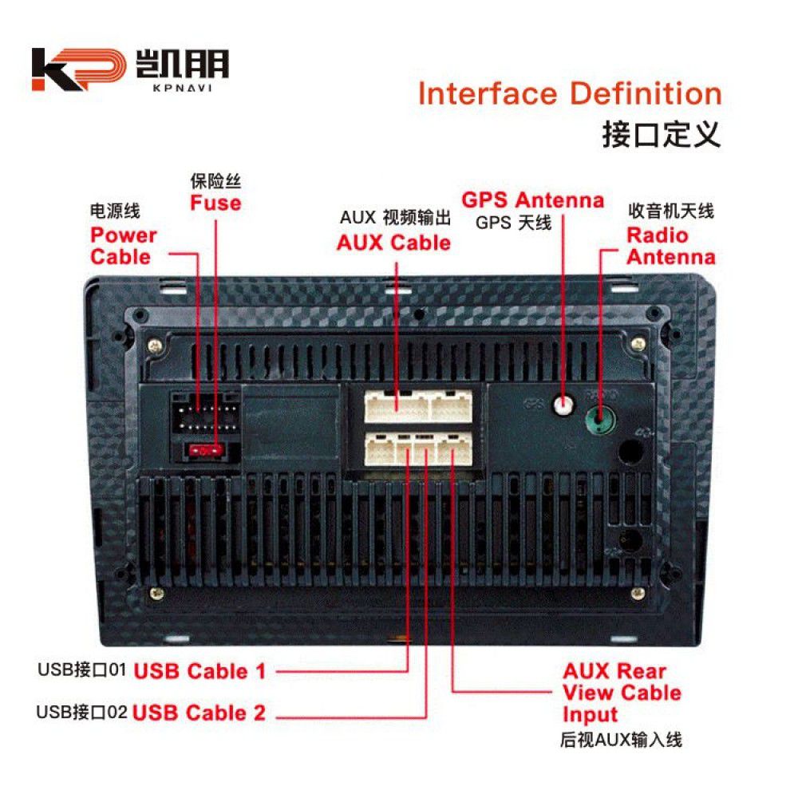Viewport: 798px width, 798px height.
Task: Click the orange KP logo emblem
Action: point(79,69)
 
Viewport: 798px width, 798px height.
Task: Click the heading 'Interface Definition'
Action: point(570,93)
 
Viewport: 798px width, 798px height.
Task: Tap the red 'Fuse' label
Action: point(215,203)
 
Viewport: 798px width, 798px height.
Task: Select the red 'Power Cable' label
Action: point(124,246)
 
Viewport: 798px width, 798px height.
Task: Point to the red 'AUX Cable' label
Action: point(394,243)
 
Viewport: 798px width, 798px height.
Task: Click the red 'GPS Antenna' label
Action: point(533,199)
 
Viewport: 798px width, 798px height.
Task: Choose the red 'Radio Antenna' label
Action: point(671,246)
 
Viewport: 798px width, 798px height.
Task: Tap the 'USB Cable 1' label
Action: point(199,671)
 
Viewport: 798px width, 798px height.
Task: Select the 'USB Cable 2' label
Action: point(199,713)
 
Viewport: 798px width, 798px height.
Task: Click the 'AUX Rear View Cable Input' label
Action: point(622,693)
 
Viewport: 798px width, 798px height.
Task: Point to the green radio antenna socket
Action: point(601,420)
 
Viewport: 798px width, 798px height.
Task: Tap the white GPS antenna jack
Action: point(563,405)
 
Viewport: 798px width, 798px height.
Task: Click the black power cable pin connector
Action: point(204,413)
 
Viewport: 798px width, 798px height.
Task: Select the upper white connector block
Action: point(418,406)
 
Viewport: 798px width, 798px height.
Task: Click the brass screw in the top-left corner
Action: point(155,346)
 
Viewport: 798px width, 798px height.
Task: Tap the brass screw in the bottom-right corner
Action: point(638,594)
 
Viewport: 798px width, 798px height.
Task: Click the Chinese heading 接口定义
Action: point(662,135)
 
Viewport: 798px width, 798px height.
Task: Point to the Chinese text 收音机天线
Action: point(671,211)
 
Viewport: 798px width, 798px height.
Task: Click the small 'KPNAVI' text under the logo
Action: point(182,88)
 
